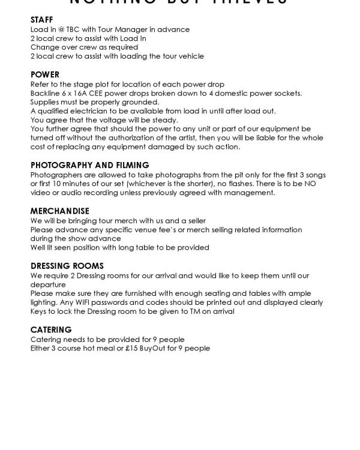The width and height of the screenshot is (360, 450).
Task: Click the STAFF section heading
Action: tap(41, 20)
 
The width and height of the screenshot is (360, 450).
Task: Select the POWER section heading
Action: tap(45, 75)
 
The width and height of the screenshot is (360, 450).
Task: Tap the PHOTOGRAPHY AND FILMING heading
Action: tap(90, 165)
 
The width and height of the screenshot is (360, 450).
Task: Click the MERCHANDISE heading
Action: tap(60, 211)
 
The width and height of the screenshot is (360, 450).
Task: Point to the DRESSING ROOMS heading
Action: tap(67, 266)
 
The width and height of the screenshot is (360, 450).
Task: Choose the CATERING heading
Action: tap(51, 330)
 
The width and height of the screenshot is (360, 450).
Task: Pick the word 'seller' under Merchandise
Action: tap(194, 220)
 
